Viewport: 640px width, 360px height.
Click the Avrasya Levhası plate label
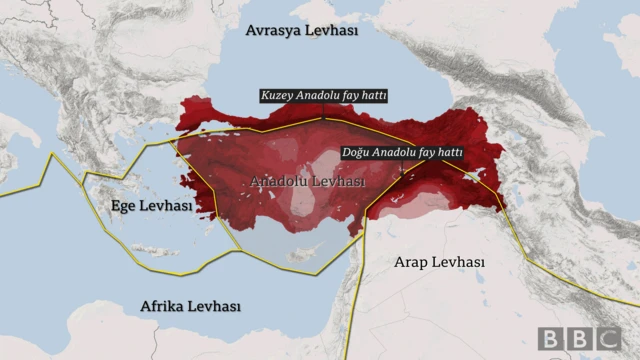point(301,31)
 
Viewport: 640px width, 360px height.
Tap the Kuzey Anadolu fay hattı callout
point(323,96)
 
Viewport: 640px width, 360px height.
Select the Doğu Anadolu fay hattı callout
point(402,153)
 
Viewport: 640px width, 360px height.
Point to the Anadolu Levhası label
point(307,183)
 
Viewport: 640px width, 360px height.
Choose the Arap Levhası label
point(439,262)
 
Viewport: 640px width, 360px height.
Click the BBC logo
point(579,338)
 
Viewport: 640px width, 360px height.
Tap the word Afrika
point(161,306)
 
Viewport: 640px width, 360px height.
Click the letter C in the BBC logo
point(606,338)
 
